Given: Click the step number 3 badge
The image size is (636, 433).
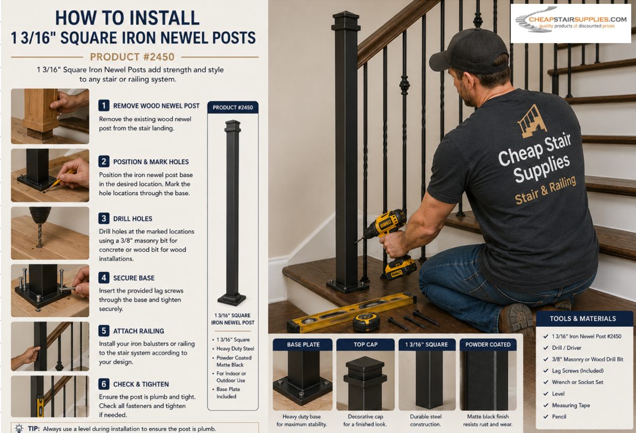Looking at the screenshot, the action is (104, 218).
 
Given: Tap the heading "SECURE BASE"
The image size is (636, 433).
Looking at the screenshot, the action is (134, 278).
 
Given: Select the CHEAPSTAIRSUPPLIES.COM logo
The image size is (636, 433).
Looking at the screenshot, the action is (571, 23).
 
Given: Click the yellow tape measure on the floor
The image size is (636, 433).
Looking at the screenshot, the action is (366, 322).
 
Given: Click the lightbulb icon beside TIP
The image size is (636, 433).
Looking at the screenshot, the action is (19, 428).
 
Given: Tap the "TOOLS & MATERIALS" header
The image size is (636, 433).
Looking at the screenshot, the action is (583, 319).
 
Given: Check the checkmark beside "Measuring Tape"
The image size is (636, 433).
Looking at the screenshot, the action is (545, 405).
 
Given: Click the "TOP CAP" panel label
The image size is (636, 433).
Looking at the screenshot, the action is (365, 344).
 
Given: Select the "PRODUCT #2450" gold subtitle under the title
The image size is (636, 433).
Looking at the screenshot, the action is (132, 57).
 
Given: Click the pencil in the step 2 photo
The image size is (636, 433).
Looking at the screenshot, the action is (60, 181).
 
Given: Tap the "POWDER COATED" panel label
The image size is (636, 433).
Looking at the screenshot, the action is (488, 344).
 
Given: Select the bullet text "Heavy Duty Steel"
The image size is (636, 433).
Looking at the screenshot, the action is (235, 349).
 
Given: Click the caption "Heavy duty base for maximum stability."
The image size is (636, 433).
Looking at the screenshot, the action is (302, 420).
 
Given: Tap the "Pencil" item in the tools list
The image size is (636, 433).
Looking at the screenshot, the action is (559, 417).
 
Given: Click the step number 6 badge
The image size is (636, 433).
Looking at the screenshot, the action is (104, 384).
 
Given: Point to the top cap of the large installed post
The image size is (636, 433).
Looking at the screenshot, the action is (346, 21).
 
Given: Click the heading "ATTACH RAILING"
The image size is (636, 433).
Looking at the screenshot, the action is (138, 331).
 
